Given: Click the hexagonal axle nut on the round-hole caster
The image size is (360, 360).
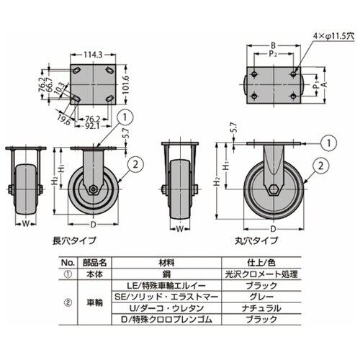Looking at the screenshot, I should (x=273, y=190).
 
